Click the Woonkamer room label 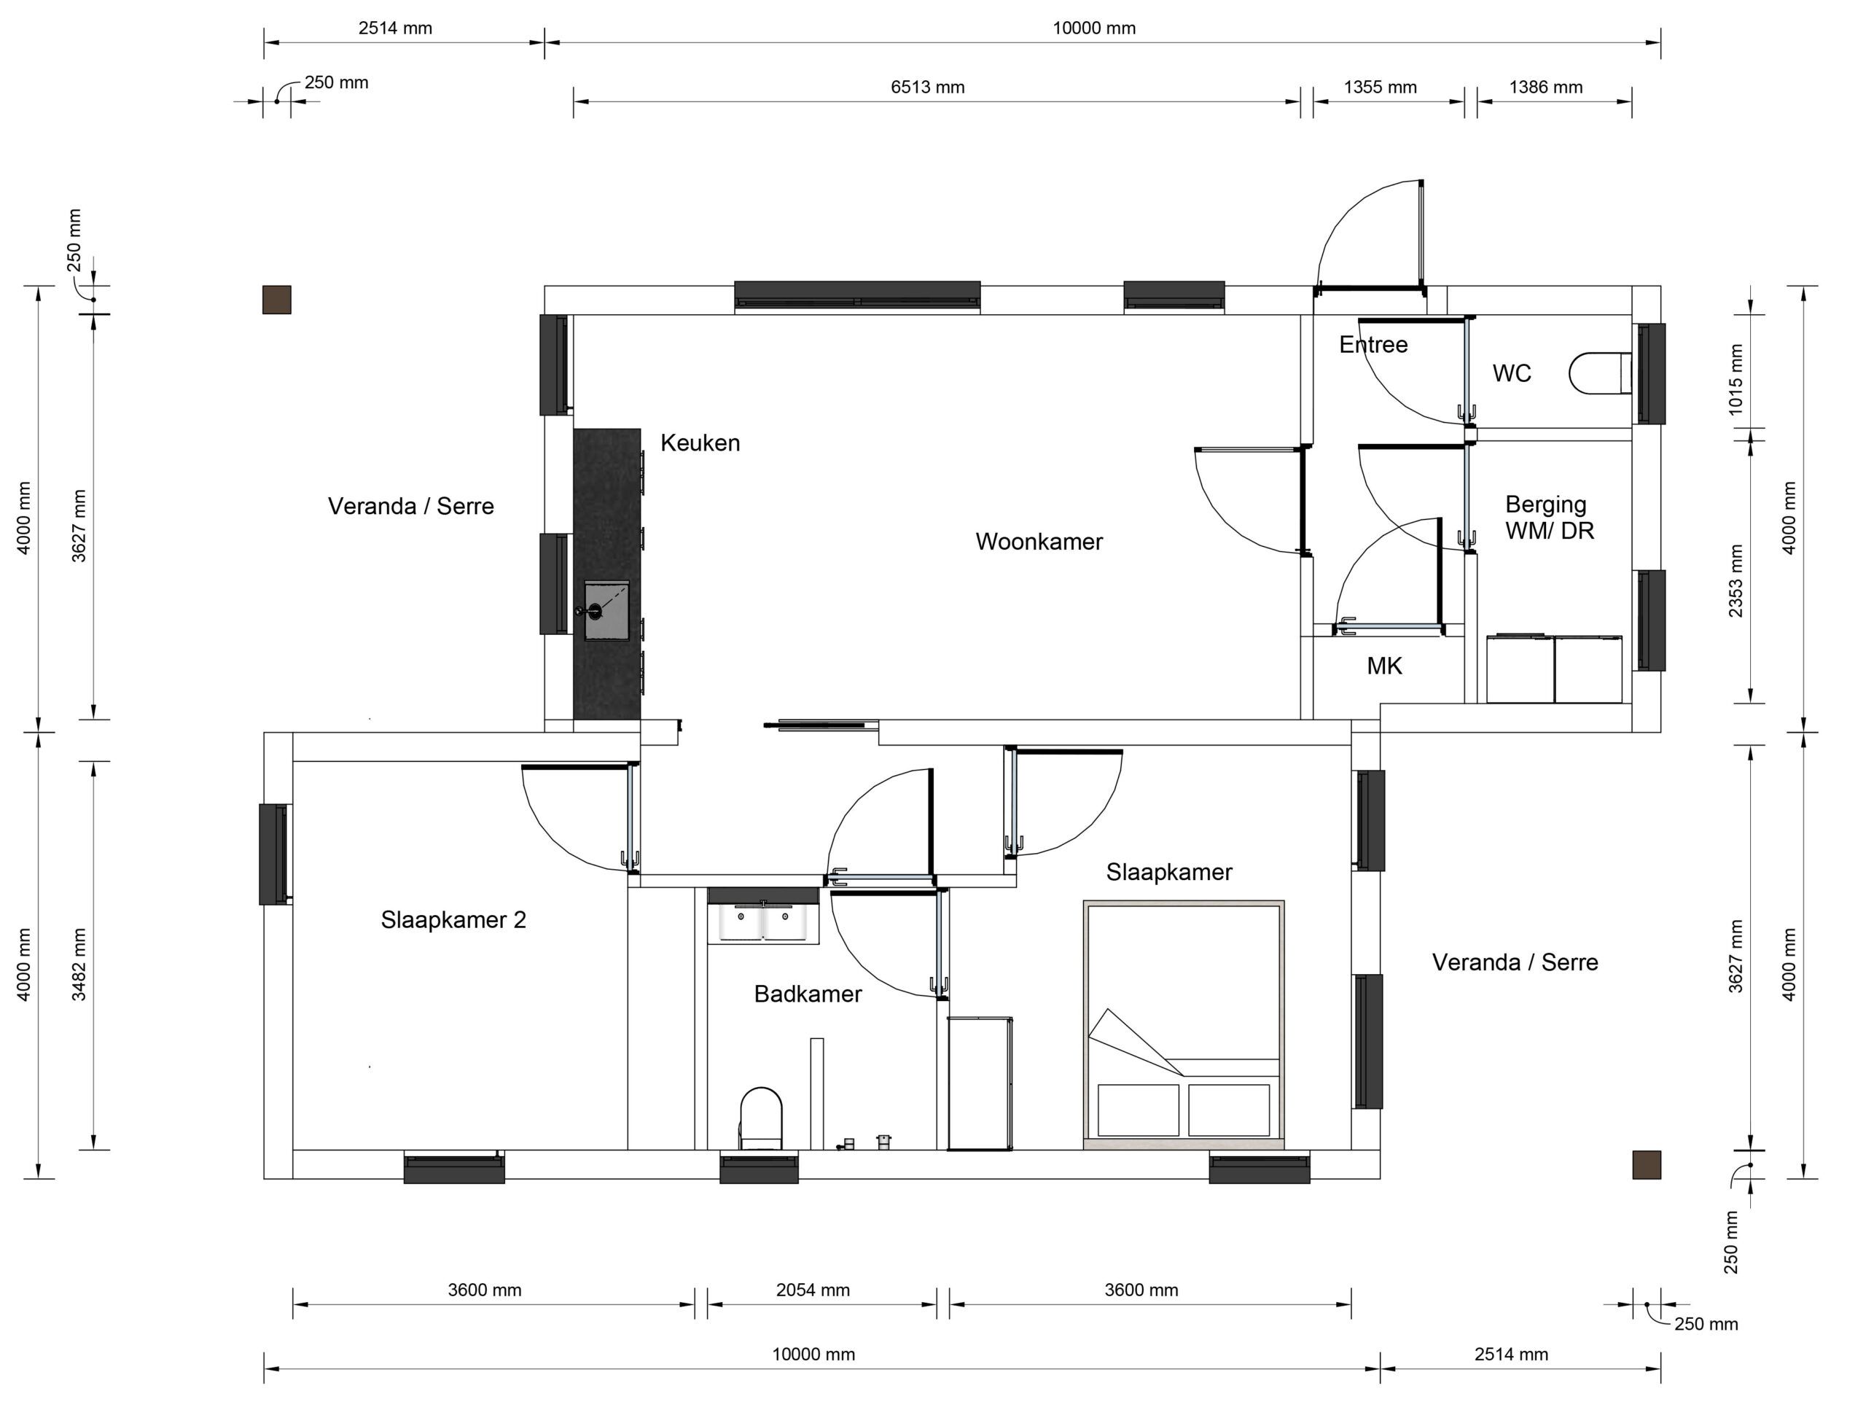1039,542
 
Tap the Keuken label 700,443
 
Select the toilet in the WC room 1600,373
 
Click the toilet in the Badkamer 761,1118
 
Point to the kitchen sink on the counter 606,610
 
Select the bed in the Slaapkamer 1184,1024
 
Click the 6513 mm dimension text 927,87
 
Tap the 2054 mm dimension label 813,1290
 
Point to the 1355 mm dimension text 1380,87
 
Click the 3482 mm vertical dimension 79,965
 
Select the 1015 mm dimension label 1736,379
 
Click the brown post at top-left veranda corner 277,300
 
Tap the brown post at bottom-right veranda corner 1647,1165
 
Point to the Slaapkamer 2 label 453,920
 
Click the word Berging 1546,505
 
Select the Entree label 1373,344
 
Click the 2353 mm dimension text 1736,581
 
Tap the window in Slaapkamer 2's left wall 274,854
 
